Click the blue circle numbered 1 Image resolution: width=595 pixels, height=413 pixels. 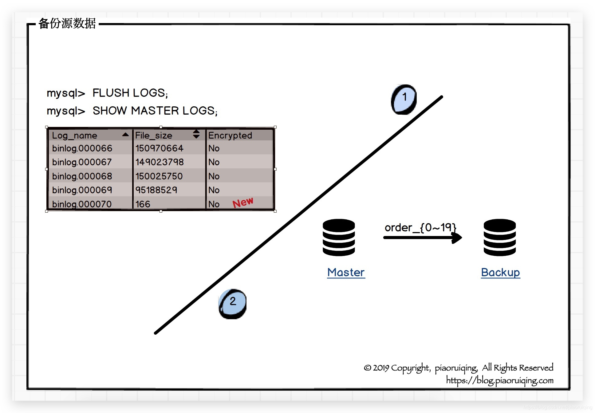tap(404, 99)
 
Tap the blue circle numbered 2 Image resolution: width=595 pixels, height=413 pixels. tap(233, 304)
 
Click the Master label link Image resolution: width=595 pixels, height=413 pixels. tap(346, 272)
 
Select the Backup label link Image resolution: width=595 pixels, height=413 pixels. tap(500, 272)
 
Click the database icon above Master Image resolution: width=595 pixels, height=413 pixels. tap(339, 237)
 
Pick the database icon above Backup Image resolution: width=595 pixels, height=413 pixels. tap(499, 237)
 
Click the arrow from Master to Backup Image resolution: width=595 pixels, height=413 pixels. tap(422, 238)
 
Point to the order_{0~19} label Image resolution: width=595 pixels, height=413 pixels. tap(420, 227)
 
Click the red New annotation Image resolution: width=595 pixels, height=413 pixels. tap(243, 203)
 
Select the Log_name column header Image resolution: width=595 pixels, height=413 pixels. tap(75, 135)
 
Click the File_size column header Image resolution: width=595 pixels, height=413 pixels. tap(154, 135)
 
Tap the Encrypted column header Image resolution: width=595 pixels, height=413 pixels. tap(230, 135)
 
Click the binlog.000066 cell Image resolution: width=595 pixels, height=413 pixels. tap(82, 148)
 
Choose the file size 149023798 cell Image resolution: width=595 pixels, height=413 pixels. tap(160, 162)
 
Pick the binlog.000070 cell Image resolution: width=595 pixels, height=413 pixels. tap(82, 204)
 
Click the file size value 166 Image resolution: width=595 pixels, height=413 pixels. tap(143, 204)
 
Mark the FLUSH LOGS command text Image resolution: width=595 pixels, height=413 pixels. tap(130, 93)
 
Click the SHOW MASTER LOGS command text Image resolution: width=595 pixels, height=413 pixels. tap(155, 111)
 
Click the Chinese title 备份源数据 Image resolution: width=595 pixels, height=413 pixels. tap(67, 23)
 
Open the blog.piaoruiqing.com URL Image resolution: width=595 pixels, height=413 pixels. tap(500, 380)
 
